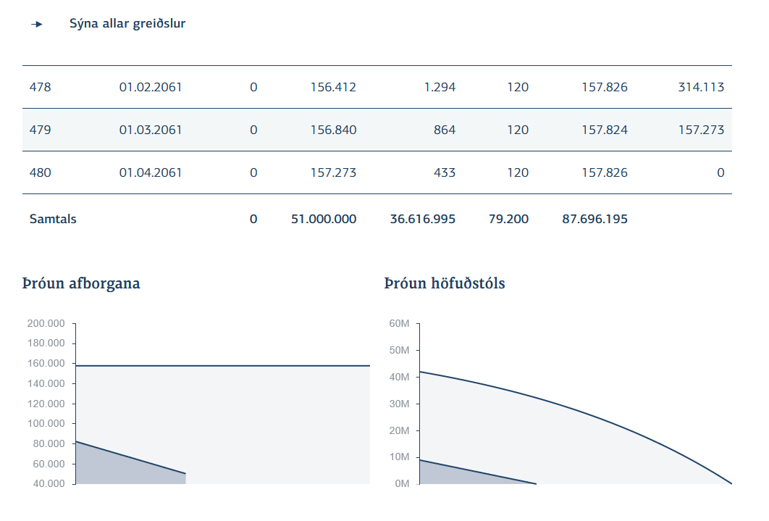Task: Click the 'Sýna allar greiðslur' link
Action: coord(127,24)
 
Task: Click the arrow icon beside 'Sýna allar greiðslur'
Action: coord(37,25)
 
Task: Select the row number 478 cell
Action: coord(41,88)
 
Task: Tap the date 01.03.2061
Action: coord(151,130)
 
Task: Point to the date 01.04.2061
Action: coord(151,173)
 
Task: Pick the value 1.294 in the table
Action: coord(440,88)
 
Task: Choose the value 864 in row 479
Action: coord(444,130)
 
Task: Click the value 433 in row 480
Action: coord(445,173)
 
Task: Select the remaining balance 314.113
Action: coord(700,88)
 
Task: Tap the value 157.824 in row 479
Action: coord(605,130)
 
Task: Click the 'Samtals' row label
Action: coord(53,219)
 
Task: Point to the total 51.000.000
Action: coord(323,219)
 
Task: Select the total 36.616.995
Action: coord(422,219)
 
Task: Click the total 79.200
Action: coord(508,219)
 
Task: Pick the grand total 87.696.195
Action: coord(594,219)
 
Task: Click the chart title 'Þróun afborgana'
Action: coord(81,283)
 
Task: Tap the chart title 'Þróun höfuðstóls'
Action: coord(445,283)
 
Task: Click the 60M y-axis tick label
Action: coord(400,323)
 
